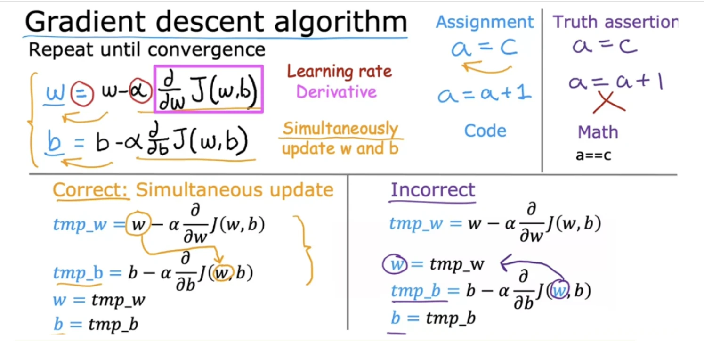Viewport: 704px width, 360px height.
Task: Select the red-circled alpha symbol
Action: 140,90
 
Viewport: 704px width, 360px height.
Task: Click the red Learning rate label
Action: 340,71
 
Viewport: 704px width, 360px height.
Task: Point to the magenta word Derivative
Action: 336,92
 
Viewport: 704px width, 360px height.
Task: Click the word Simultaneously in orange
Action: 340,129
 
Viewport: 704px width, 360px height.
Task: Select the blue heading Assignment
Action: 485,23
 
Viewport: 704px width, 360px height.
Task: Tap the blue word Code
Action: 485,131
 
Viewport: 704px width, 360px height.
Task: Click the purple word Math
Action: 598,132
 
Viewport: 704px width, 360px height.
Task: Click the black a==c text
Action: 593,155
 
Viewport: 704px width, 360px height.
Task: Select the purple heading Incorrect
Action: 433,189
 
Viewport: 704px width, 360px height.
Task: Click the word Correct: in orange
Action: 90,190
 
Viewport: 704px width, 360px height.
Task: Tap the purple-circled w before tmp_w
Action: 395,264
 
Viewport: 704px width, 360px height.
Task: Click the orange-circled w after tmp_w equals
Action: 138,224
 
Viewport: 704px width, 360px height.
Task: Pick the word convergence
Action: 206,49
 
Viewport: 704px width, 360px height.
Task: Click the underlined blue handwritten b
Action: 54,142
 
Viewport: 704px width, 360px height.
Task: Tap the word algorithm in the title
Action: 340,22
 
